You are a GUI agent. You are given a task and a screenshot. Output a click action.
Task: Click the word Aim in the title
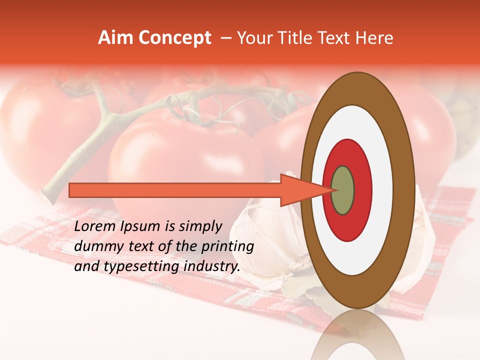[x=116, y=38]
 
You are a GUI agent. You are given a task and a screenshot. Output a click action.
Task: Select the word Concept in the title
[x=175, y=38]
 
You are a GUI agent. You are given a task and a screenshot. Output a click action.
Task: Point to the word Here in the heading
[x=375, y=38]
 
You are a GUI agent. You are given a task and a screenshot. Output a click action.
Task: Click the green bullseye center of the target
[x=343, y=190]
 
